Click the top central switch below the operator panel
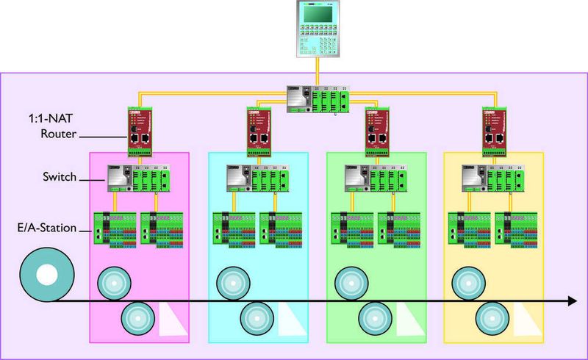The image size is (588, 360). pos(317,100)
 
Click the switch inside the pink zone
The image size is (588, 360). pos(139,178)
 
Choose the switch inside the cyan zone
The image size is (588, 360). pos(257,178)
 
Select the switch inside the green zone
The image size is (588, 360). pos(376,178)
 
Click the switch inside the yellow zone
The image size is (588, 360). pos(492,178)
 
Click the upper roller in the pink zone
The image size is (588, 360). pos(115,281)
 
